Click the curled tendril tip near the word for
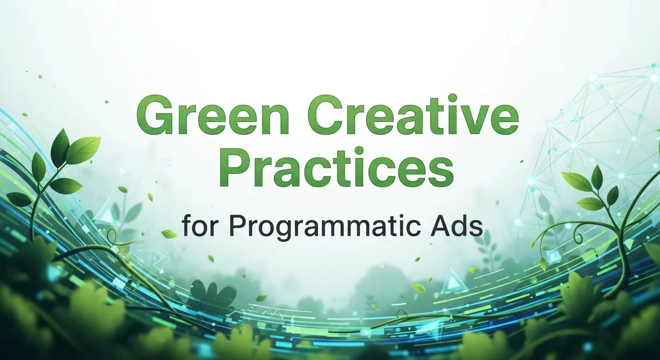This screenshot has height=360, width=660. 112,233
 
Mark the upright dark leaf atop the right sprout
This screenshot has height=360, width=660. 597,177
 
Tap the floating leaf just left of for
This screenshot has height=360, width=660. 169,233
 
